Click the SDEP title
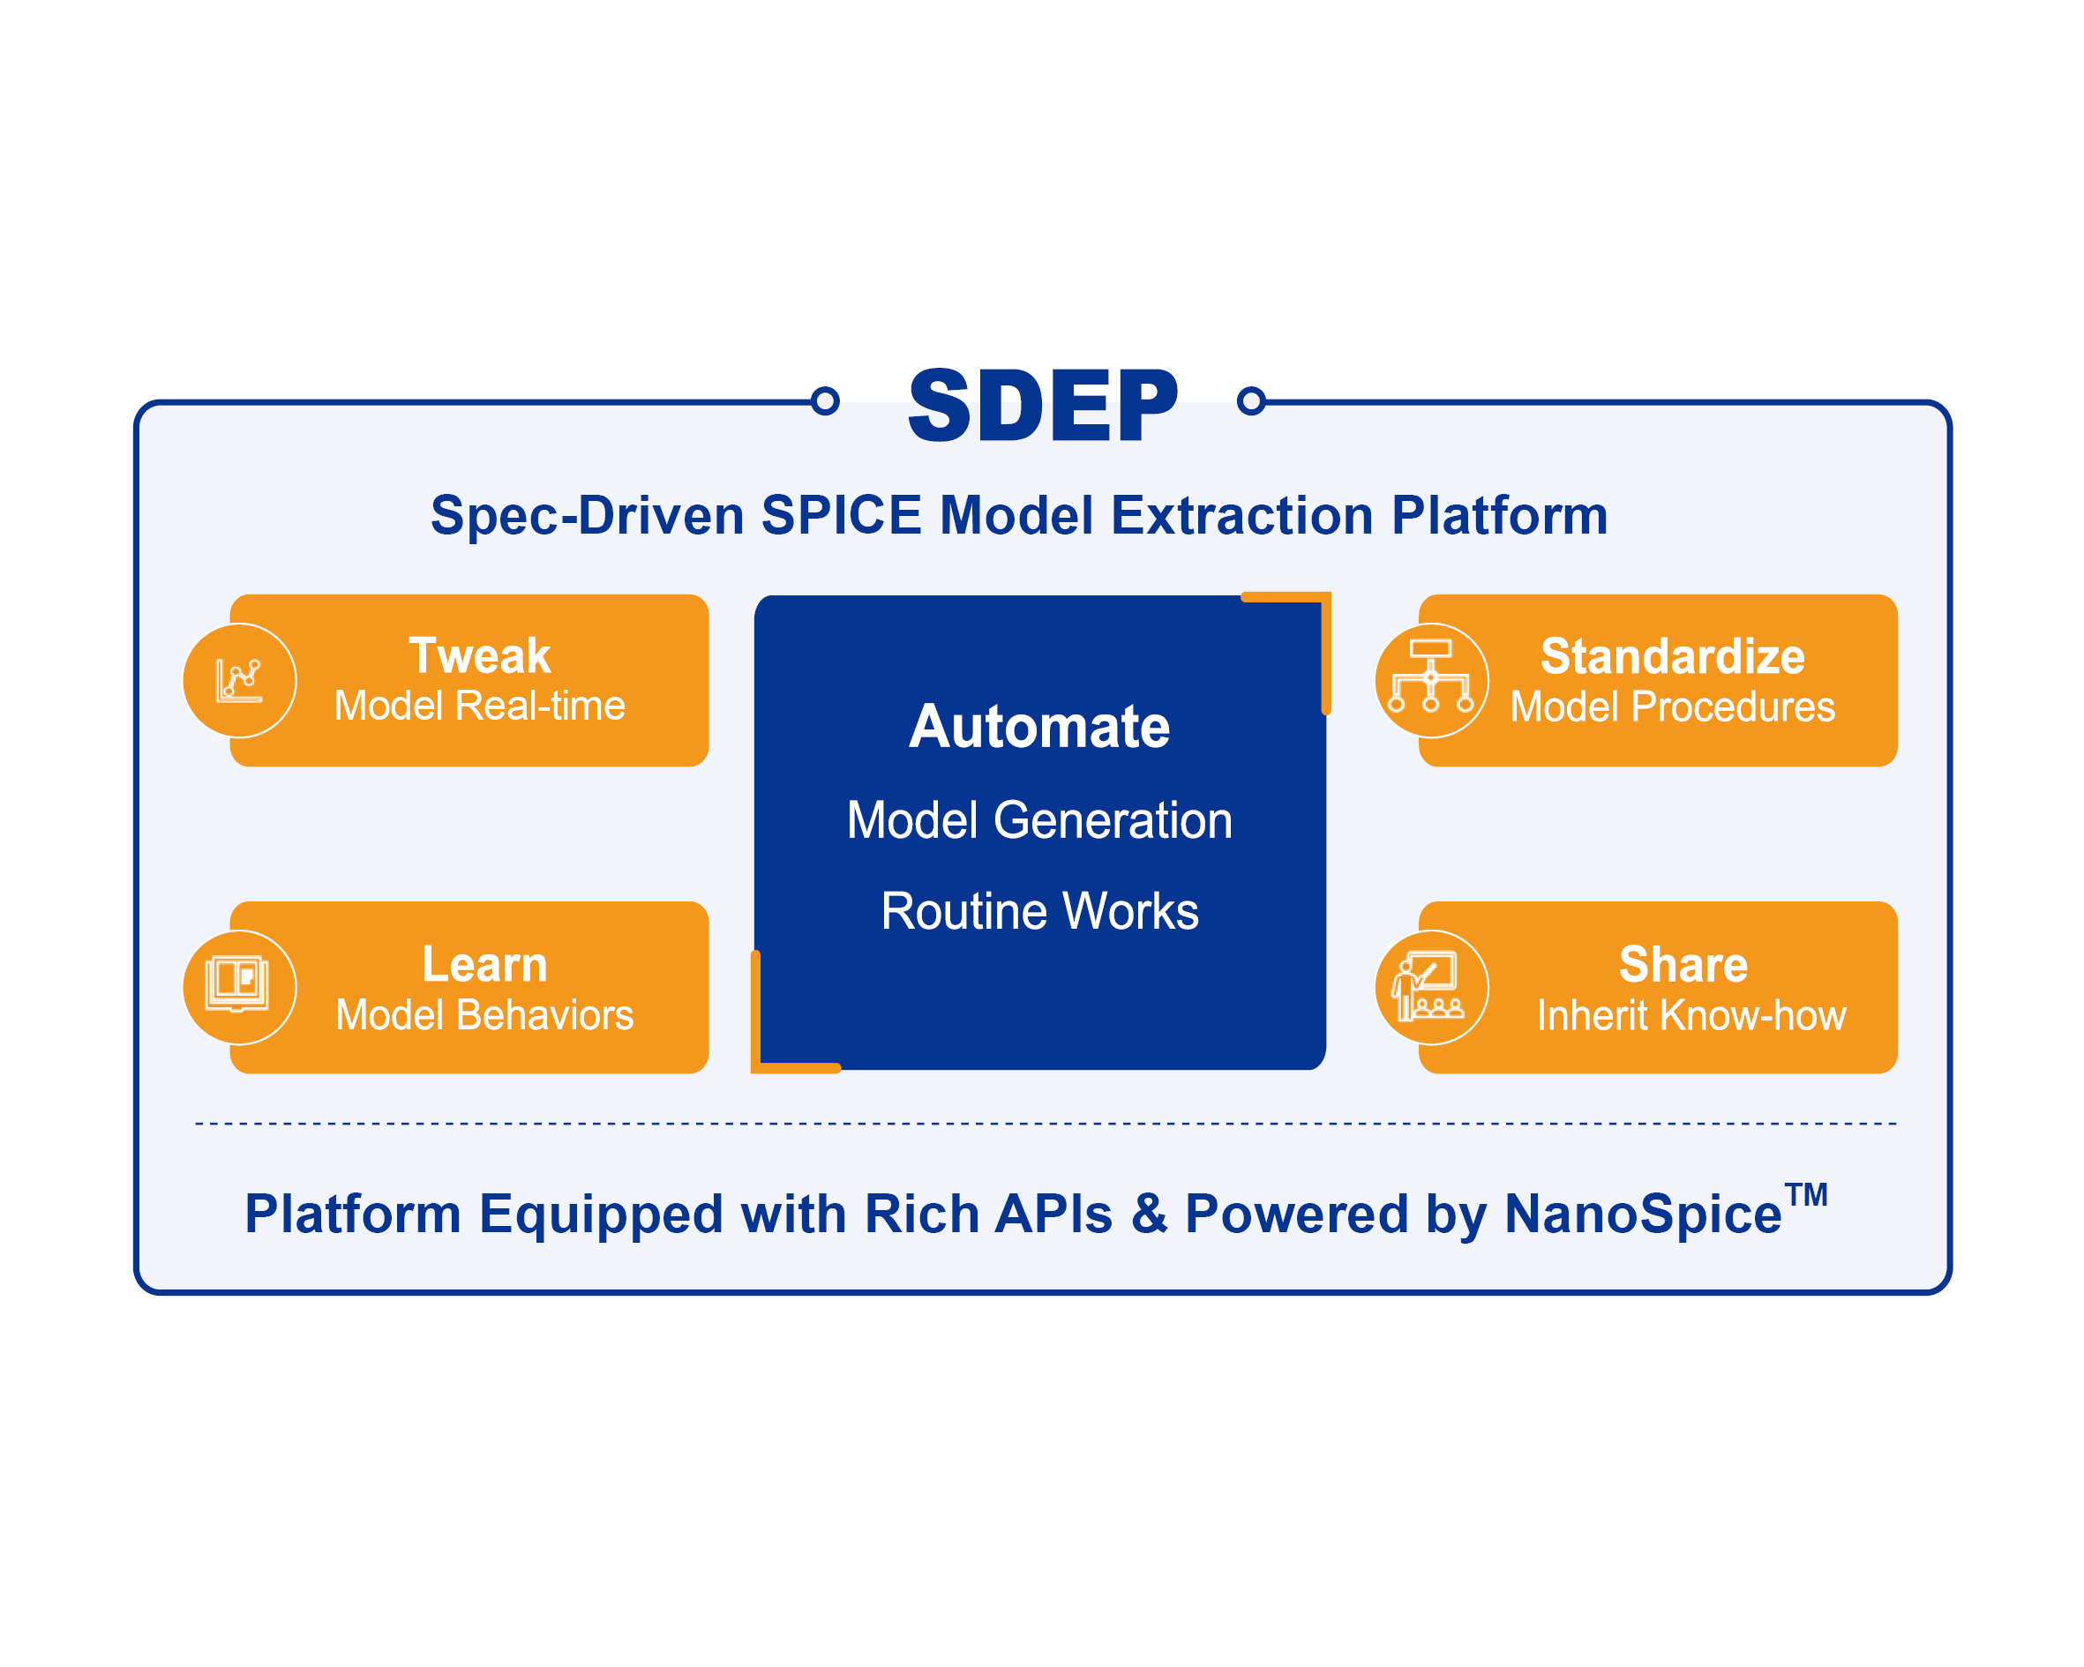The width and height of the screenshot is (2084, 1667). click(x=1043, y=406)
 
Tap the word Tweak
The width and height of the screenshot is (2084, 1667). click(x=479, y=656)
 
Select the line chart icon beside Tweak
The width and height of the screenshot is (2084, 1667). click(x=239, y=680)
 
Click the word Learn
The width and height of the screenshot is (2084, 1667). click(x=484, y=964)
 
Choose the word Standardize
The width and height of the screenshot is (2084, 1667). click(x=1672, y=657)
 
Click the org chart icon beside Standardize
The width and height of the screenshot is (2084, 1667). click(x=1430, y=677)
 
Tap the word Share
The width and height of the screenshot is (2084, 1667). click(x=1683, y=964)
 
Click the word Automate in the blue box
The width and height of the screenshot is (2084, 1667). click(x=1039, y=727)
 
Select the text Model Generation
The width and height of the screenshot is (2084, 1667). click(x=1039, y=820)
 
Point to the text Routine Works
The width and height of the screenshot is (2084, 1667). click(x=1039, y=911)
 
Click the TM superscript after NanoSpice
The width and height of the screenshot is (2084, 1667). click(x=1805, y=1194)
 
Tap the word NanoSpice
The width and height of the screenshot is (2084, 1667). click(x=1642, y=1214)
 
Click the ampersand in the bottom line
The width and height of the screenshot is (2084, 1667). click(x=1149, y=1214)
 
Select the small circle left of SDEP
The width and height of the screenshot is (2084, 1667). click(x=825, y=400)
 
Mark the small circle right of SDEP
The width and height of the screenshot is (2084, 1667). click(x=1251, y=400)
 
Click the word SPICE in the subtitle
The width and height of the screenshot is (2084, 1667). click(x=841, y=515)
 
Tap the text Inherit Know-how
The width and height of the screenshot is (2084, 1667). click(x=1690, y=1016)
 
